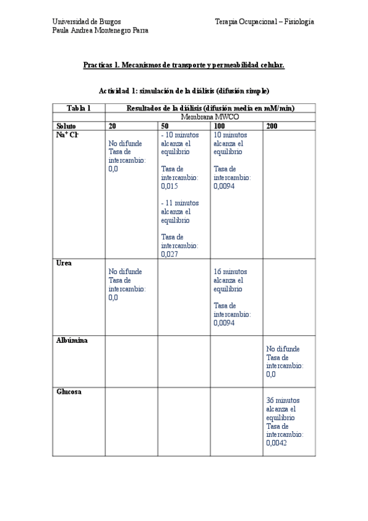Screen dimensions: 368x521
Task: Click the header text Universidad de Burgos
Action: (86, 22)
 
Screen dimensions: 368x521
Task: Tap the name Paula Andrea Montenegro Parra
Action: (100, 30)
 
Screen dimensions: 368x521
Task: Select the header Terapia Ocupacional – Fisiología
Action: (264, 22)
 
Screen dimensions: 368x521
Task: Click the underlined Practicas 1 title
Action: (184, 65)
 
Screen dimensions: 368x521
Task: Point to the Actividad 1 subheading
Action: (184, 91)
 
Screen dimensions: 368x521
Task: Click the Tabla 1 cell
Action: (79, 108)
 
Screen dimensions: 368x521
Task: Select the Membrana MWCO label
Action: (209, 117)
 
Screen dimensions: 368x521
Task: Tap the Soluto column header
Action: (67, 126)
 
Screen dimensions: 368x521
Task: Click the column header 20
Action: (112, 126)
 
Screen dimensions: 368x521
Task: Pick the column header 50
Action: (165, 126)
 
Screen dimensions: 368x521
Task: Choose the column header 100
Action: (219, 126)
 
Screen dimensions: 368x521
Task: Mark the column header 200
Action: (272, 126)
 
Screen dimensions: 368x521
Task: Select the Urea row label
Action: (64, 263)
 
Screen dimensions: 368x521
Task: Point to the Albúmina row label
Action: (71, 340)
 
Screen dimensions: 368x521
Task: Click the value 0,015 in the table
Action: (170, 186)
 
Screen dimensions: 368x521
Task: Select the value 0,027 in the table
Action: (170, 254)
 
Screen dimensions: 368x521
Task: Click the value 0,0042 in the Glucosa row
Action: (276, 442)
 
